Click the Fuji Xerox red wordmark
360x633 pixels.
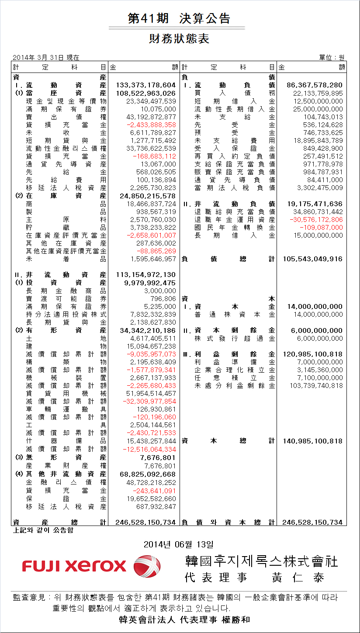[74, 567]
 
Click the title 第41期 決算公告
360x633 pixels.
[179, 18]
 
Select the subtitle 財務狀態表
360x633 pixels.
[179, 39]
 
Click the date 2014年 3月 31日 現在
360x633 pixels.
[46, 57]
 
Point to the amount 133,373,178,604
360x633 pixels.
[146, 85]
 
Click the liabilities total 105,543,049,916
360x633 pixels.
[313, 259]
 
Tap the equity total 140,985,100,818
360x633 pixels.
[313, 441]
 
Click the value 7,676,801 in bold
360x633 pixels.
[158, 457]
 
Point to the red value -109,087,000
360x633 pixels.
[322, 228]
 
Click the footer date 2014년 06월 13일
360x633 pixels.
[179, 544]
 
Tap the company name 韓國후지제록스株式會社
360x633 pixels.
[262, 561]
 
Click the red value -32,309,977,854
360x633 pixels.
[149, 401]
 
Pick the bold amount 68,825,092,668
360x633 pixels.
[148, 474]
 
